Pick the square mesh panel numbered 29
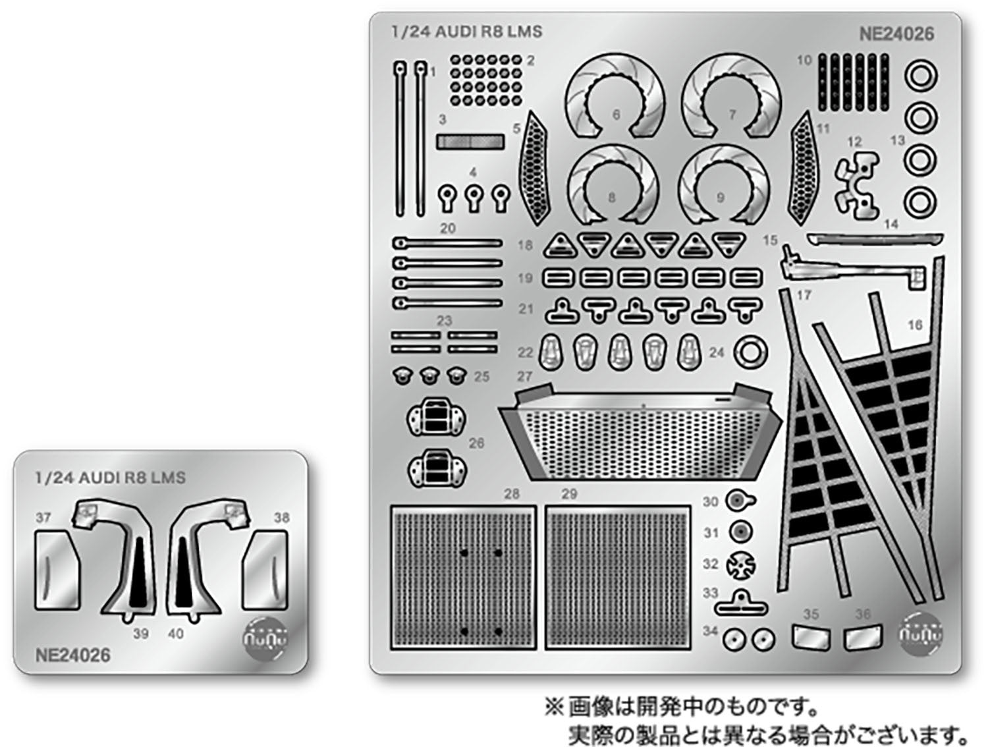(617, 576)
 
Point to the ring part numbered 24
(750, 353)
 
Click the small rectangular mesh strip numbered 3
(470, 142)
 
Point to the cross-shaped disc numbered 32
(740, 565)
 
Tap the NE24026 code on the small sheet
(72, 655)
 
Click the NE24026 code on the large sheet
(896, 34)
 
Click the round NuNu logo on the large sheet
(921, 633)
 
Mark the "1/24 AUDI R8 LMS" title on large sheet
(466, 32)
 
